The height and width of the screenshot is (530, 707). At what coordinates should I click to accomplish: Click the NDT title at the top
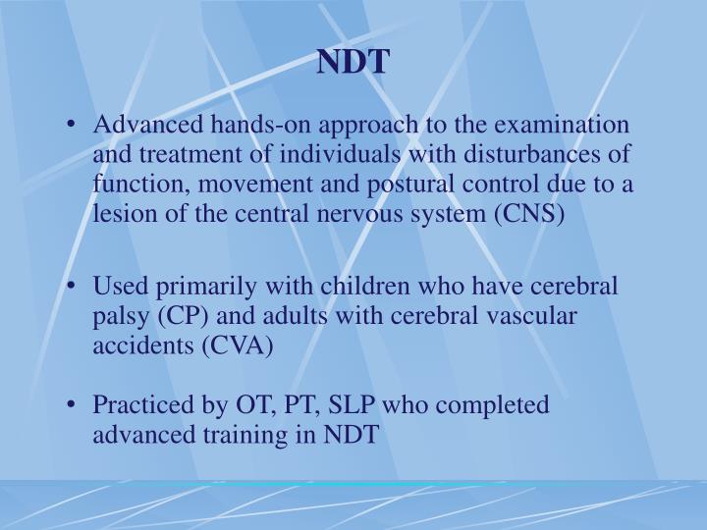coord(353,62)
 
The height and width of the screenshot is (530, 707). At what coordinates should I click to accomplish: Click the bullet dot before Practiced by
coord(77,405)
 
